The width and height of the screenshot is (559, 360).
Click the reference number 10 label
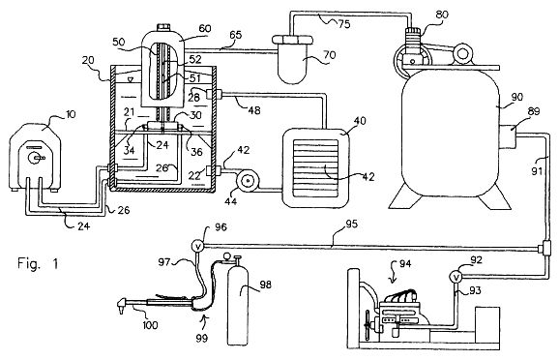71,114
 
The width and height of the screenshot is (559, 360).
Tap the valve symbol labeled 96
197,246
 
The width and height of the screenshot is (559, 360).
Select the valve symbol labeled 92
456,277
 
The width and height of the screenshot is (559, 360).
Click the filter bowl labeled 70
292,59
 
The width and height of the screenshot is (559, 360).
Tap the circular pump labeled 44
247,182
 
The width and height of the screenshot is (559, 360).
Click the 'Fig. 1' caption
38,264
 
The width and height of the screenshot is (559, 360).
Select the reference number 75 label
344,24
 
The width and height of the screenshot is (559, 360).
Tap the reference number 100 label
150,325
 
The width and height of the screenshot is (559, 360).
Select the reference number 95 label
351,225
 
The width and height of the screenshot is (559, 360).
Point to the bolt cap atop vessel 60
163,28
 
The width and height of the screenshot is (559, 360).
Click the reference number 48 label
253,110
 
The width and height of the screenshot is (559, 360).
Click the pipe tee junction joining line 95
545,247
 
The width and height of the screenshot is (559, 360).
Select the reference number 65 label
236,35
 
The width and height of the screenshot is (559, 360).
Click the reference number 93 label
475,291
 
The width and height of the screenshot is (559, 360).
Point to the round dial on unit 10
35,158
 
